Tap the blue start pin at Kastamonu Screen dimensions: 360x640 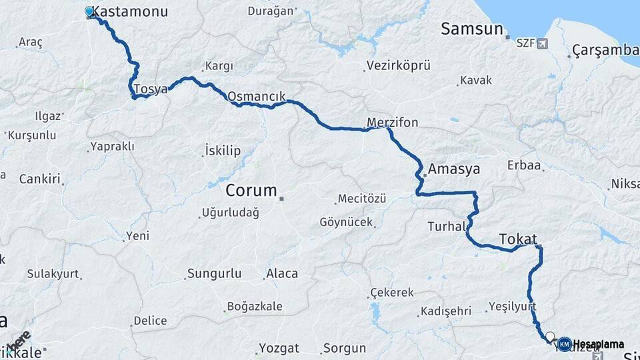pos(90,11)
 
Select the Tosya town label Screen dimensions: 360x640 pos(150,89)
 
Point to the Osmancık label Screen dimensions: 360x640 pos(252,96)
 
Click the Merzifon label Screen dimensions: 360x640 pos(392,123)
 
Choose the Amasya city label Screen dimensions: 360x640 pos(454,169)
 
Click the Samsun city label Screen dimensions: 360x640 pos(471,29)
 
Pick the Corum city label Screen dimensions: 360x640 pos(251,190)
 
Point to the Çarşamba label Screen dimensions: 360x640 pos(605,50)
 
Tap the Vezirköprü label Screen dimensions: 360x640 pos(398,65)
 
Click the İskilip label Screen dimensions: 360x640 pos(223,151)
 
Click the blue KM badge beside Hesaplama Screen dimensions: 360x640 pos(564,344)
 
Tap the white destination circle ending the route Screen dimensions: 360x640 pos(550,337)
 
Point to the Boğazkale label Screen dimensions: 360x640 pos(255,307)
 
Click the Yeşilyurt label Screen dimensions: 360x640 pos(512,306)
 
